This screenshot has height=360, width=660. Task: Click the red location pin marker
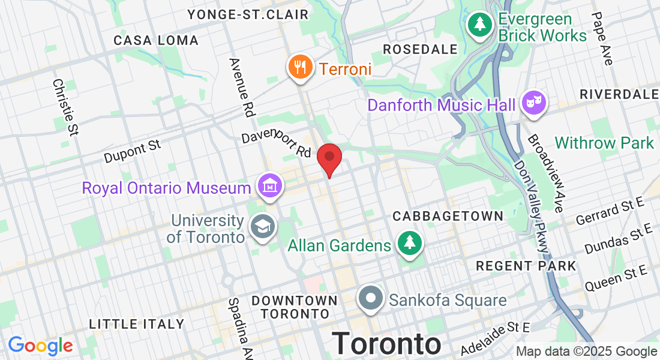(x=329, y=158)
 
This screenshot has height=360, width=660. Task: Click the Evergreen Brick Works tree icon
(x=479, y=25)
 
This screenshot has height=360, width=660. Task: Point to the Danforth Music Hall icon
(x=532, y=103)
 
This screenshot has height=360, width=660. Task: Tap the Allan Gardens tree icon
(x=410, y=243)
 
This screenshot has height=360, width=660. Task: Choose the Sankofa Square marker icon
(x=371, y=297)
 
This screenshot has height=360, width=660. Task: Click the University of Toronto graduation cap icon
(x=262, y=227)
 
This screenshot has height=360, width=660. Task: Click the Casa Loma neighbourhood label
(x=156, y=41)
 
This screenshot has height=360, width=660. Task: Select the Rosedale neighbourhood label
(x=420, y=49)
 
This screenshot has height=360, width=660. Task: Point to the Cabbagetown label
(x=448, y=216)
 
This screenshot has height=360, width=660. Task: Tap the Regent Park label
(x=526, y=265)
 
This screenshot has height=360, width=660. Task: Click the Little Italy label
(x=137, y=324)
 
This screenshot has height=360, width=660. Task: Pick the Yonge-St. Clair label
(x=248, y=14)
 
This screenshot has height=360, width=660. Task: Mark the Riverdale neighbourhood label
(x=619, y=95)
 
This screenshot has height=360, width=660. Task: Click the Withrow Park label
(x=604, y=143)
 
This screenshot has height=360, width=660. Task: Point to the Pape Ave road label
(x=602, y=39)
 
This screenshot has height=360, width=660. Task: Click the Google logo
(x=40, y=346)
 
